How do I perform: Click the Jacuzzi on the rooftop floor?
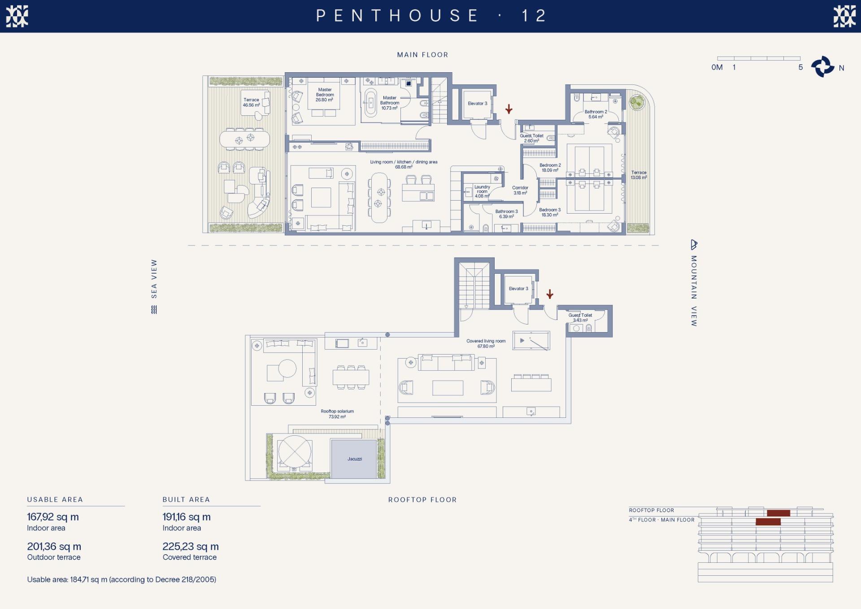[354, 459]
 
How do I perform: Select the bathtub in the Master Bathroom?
[370, 104]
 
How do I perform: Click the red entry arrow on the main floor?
[509, 109]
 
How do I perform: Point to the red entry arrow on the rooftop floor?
[550, 294]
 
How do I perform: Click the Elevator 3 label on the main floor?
[477, 103]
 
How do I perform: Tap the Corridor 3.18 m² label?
[520, 190]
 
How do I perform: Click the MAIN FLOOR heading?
[422, 55]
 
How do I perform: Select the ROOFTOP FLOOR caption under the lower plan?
[422, 499]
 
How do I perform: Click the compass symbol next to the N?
[822, 67]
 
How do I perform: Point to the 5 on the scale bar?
[800, 67]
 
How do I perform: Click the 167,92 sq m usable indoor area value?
[53, 517]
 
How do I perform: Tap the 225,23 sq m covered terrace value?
[191, 547]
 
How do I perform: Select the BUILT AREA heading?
[186, 499]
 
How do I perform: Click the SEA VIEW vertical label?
[154, 279]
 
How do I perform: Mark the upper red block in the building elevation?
[778, 513]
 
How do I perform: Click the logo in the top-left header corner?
[17, 16]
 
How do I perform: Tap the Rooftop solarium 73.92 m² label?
[337, 414]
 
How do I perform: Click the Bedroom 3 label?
[550, 212]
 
